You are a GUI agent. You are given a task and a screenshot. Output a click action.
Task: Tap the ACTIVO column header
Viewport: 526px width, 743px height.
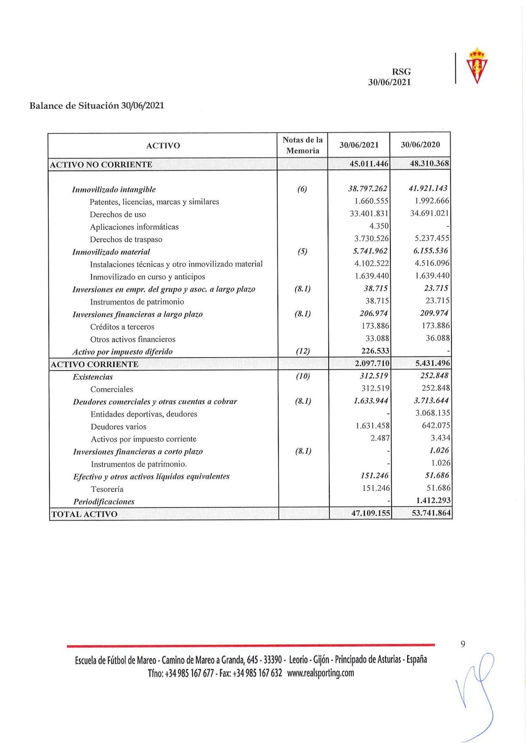point(163,146)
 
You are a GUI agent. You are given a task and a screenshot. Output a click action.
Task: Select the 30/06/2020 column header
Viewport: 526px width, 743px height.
point(420,145)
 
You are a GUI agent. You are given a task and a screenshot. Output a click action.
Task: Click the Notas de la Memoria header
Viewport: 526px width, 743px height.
point(303,145)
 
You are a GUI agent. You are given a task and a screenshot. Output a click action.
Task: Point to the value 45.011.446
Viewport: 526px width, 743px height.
point(369,163)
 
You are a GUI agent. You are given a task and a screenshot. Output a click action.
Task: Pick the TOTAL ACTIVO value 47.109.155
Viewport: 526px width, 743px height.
point(370,513)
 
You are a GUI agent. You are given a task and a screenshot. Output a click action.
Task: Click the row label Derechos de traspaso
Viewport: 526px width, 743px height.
point(126,239)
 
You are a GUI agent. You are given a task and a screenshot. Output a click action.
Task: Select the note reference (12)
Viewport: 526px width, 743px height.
point(302,351)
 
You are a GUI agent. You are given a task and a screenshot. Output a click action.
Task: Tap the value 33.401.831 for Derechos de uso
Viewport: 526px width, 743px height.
point(369,214)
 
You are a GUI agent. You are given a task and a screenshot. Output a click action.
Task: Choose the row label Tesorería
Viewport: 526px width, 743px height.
point(107,489)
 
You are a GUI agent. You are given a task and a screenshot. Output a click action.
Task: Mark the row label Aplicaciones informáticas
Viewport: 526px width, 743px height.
point(134,227)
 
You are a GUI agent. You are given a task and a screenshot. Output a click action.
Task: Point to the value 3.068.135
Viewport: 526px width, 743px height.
point(432,413)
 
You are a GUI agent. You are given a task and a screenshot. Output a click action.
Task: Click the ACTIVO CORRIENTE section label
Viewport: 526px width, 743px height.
point(94,364)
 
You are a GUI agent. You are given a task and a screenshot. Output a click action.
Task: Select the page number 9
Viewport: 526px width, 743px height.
point(463,644)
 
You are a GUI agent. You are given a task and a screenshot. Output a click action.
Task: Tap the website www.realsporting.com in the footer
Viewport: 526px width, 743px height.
point(320,673)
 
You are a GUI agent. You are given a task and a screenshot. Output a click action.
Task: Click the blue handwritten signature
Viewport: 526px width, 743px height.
point(475,695)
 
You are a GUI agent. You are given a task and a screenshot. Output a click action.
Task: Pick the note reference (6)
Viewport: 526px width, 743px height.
point(302,189)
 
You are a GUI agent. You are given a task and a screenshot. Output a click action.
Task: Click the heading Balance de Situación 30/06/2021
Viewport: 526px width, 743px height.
point(97,105)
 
